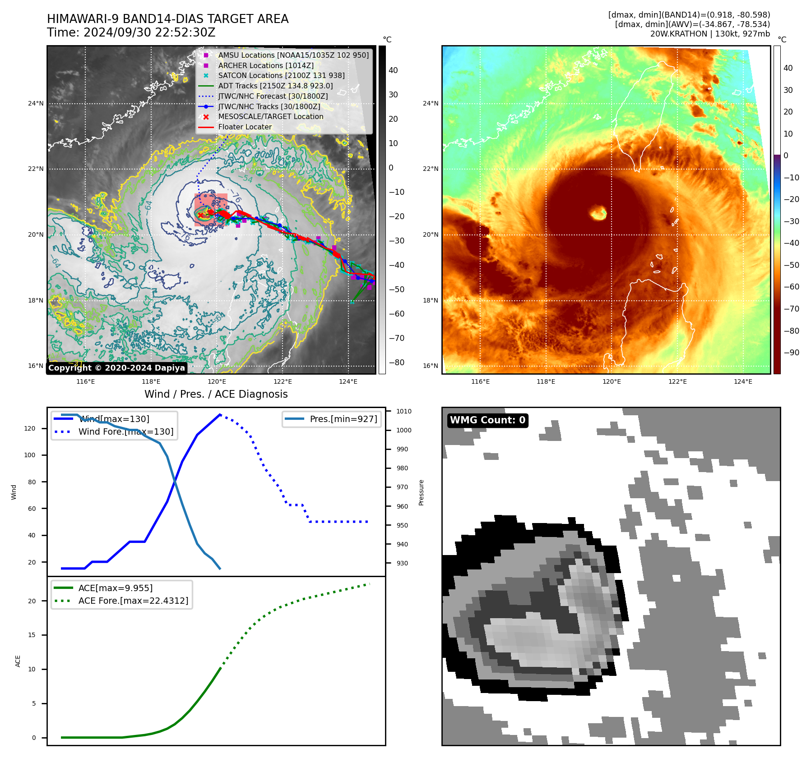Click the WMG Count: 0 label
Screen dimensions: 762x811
487,420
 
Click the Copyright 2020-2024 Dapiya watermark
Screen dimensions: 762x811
116,368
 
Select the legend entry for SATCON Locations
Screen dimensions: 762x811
281,76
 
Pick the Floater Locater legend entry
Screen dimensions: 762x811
245,127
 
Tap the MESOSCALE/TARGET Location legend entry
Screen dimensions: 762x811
271,117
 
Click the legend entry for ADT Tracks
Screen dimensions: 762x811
275,86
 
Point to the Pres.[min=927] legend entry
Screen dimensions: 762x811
343,419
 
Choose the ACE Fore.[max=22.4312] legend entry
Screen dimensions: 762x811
133,601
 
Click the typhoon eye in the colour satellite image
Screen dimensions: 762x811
598,212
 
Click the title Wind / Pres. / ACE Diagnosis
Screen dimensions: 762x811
216,394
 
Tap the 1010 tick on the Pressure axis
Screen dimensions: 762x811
404,411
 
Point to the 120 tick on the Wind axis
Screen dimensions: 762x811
30,429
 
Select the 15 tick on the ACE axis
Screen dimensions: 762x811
32,635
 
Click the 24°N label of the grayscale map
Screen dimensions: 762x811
36,104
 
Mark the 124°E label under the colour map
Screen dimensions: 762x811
743,382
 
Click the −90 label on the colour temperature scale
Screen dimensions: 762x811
791,353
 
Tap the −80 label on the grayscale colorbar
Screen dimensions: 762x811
397,363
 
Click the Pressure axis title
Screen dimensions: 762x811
422,492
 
